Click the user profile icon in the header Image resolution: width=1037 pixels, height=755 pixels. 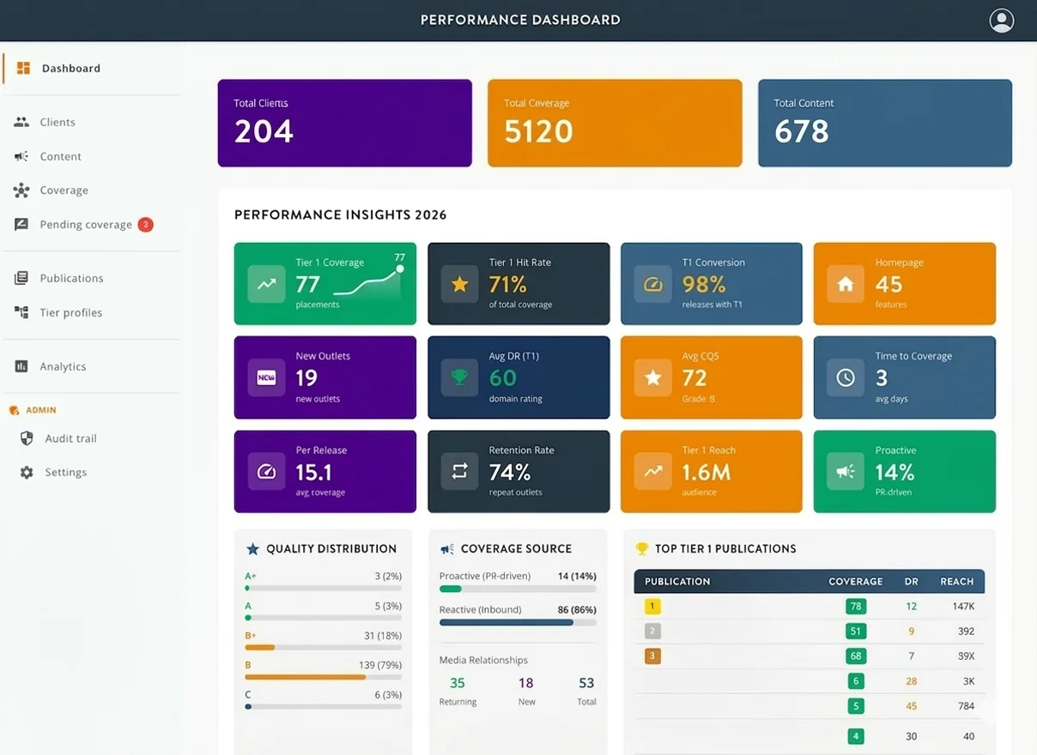[x=1001, y=21]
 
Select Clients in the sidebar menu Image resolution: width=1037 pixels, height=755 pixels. [x=58, y=123]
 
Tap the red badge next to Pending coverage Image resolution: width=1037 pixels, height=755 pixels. [x=146, y=225]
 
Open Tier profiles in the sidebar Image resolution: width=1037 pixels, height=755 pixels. [x=70, y=313]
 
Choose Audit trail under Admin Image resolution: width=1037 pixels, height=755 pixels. [x=70, y=438]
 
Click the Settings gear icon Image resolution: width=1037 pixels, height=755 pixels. [x=27, y=473]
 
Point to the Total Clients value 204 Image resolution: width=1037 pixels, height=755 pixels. [x=264, y=131]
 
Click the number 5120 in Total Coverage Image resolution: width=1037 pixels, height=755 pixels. [x=538, y=131]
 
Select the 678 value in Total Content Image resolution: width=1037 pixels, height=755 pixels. [x=801, y=131]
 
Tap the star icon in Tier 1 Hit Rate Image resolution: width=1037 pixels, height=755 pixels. [x=459, y=284]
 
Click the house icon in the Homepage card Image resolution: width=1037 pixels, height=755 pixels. [x=846, y=284]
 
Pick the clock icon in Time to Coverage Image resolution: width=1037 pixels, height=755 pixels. [x=846, y=377]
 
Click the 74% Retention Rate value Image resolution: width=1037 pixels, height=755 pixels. [x=510, y=473]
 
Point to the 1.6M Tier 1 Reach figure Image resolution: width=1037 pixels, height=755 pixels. [x=706, y=473]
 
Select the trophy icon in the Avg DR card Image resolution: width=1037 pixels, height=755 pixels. [x=459, y=377]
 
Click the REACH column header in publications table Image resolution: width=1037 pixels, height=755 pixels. [x=956, y=582]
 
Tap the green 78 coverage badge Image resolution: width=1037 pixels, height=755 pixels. [x=855, y=607]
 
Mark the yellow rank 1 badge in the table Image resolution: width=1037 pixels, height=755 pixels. [x=652, y=607]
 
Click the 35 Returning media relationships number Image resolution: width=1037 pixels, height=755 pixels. [x=458, y=683]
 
